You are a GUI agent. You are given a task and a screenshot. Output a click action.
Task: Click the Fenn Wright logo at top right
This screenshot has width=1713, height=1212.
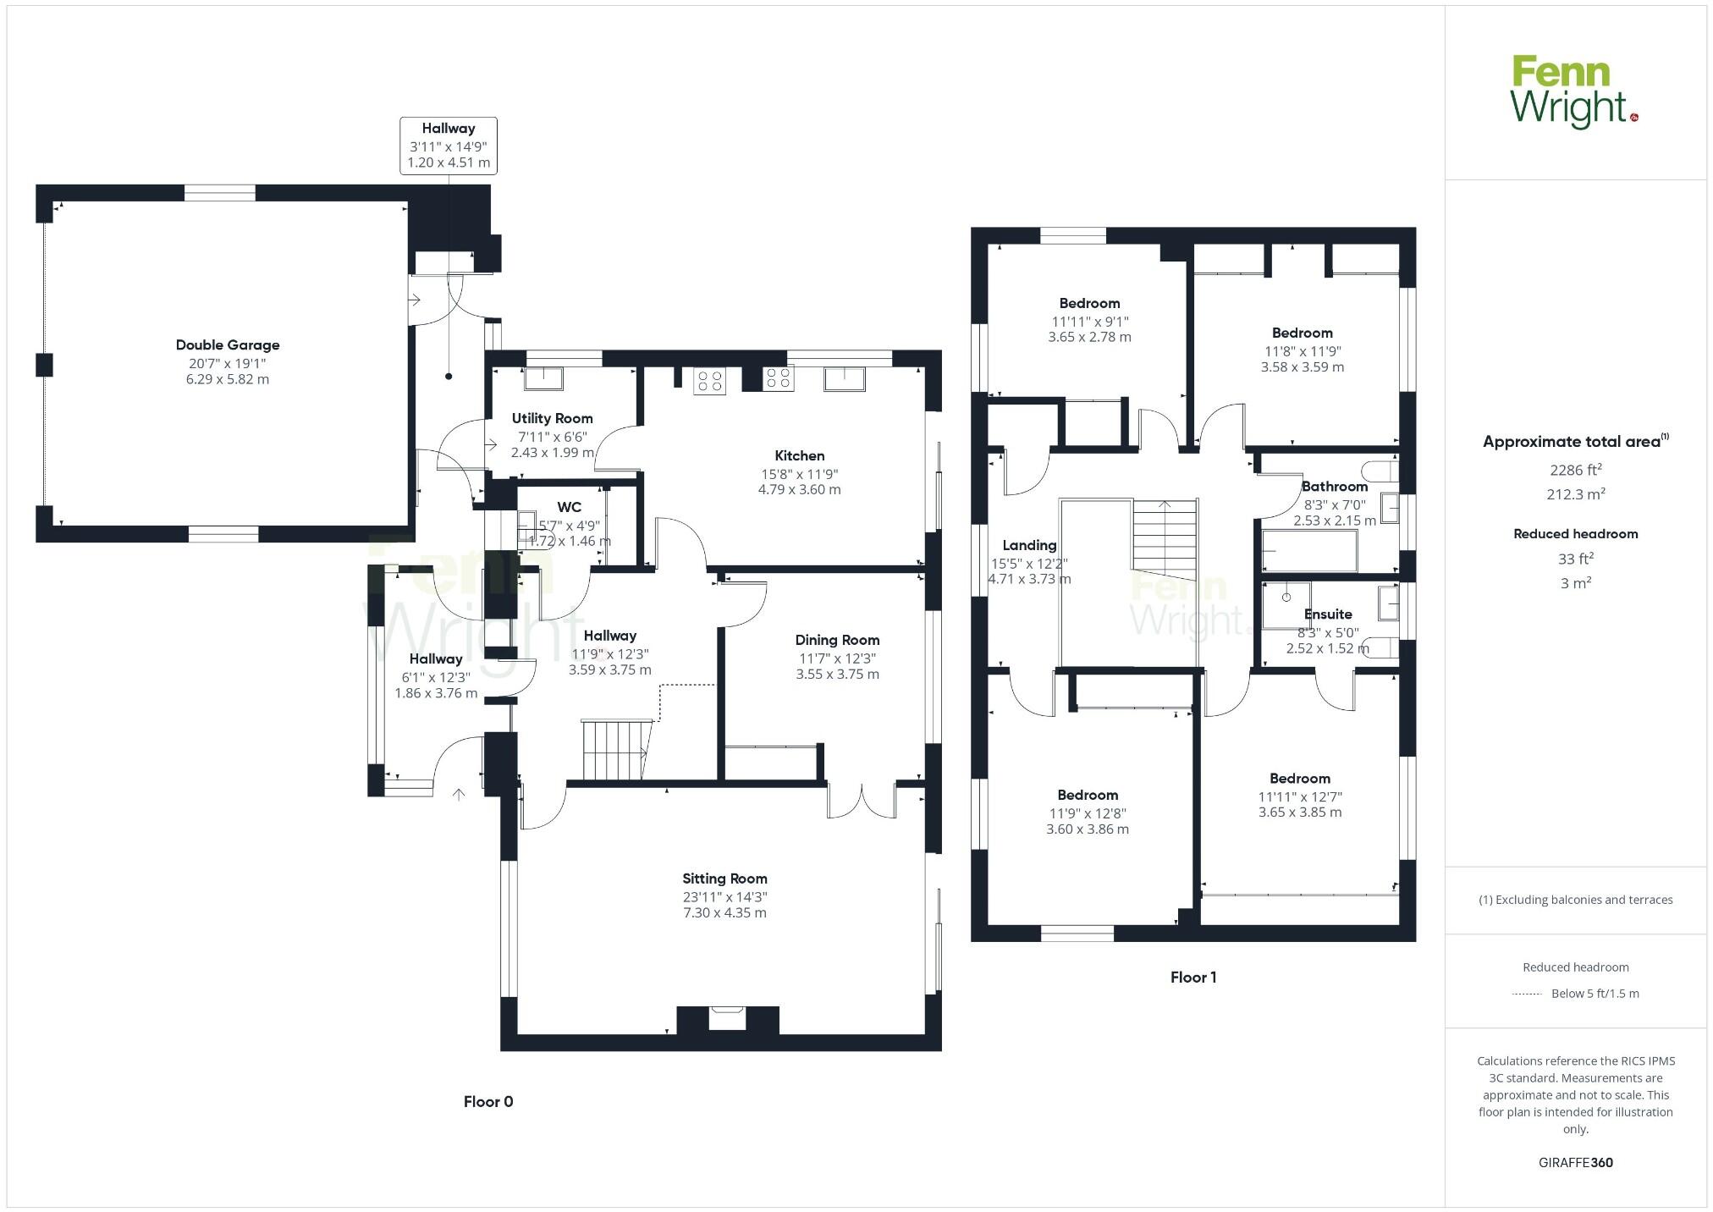tap(1573, 92)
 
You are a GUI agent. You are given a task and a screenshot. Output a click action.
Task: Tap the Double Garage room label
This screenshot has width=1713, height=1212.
tap(227, 344)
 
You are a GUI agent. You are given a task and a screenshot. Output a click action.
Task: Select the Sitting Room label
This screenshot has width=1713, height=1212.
tap(724, 879)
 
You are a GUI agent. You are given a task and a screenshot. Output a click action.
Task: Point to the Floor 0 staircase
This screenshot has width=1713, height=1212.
tap(616, 749)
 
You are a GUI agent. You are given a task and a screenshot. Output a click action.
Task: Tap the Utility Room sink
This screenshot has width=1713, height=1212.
tap(543, 378)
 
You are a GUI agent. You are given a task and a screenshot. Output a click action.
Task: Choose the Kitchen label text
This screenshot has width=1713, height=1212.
tap(799, 455)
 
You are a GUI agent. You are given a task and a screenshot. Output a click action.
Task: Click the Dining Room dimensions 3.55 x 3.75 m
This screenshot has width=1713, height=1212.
tap(837, 675)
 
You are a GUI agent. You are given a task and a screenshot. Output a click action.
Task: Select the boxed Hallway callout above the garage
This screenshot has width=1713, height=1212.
tap(448, 146)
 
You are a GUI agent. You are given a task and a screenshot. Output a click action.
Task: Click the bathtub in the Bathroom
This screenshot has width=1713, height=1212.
tap(1308, 551)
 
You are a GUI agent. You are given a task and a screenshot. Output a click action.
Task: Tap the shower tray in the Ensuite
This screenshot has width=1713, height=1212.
tap(1286, 604)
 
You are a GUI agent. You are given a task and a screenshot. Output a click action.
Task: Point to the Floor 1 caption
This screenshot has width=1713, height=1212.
tap(1192, 977)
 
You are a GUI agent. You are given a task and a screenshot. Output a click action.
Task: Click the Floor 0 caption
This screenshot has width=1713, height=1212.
tap(487, 1101)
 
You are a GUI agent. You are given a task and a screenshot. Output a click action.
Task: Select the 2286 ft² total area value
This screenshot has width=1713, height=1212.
tap(1575, 470)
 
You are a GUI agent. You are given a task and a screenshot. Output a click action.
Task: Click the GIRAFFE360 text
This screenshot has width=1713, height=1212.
tap(1575, 1162)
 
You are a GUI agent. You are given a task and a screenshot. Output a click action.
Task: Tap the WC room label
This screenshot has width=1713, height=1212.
tap(569, 507)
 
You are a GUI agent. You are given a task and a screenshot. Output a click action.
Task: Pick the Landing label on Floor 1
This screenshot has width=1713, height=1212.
tap(1029, 545)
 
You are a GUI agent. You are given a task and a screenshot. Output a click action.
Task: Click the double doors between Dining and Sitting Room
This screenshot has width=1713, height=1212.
tap(862, 802)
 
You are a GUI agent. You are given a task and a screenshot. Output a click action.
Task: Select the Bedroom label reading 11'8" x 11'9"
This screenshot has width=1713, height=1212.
tap(1302, 333)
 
